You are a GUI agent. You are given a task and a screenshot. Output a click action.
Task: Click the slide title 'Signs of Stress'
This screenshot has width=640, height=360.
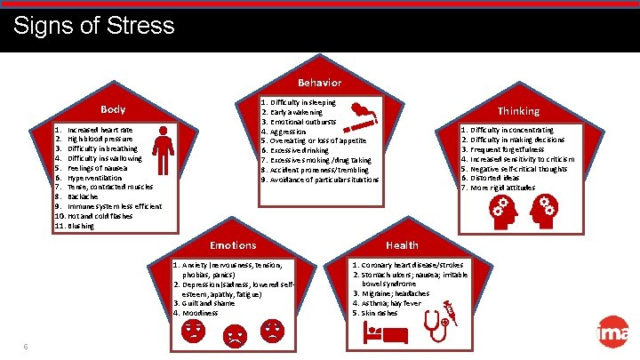click(x=94, y=24)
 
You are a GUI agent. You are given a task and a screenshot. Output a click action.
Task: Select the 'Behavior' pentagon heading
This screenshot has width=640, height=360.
click(x=319, y=83)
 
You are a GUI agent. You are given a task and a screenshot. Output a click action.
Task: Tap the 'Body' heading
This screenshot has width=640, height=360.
click(x=113, y=110)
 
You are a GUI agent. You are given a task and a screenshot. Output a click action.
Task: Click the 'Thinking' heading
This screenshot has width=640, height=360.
click(x=518, y=111)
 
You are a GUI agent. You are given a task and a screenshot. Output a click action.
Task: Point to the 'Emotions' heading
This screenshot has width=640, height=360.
click(x=233, y=244)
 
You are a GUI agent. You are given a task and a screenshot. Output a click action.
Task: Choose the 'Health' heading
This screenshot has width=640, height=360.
click(x=402, y=244)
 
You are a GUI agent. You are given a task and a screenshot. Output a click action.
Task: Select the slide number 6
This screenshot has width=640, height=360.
click(x=27, y=346)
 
